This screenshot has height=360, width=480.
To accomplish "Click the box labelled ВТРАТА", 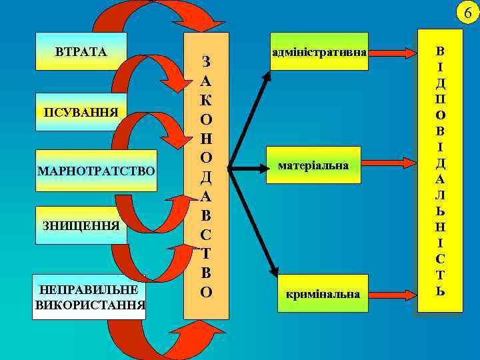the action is [x=81, y=51].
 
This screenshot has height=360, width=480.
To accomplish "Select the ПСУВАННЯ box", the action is [x=81, y=111].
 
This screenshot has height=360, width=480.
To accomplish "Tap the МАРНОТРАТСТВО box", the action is [x=96, y=171].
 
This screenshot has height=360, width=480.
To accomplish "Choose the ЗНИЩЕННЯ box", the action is [x=81, y=225].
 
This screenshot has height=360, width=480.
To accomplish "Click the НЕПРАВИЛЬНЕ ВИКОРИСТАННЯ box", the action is [x=88, y=297].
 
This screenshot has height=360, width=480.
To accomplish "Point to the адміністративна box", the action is [x=319, y=50].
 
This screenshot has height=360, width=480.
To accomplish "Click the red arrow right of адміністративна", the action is [x=393, y=51].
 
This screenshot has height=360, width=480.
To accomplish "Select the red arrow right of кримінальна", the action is [x=393, y=293].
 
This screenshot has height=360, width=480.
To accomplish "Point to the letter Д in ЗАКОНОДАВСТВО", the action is [x=206, y=178].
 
